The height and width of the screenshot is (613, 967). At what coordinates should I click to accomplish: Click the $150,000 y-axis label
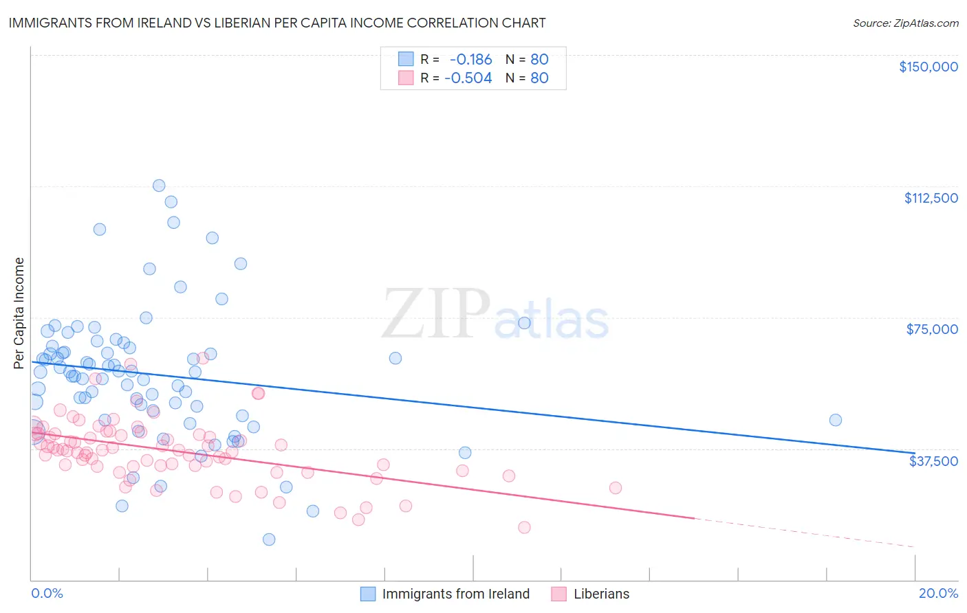click(928, 67)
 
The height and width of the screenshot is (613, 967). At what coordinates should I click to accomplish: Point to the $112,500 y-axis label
click(931, 198)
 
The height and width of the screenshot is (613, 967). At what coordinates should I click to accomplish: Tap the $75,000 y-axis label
click(932, 329)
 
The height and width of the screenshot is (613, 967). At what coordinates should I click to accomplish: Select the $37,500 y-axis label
click(933, 460)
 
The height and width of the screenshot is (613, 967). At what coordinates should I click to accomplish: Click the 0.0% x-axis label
click(47, 593)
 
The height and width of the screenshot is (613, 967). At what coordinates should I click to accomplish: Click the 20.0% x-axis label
click(938, 593)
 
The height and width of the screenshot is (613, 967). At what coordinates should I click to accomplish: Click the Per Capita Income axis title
click(19, 313)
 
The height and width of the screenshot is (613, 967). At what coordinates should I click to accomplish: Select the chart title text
click(277, 23)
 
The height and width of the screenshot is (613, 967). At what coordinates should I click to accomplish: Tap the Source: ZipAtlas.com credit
click(905, 23)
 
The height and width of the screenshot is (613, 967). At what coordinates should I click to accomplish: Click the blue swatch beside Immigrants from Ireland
click(369, 594)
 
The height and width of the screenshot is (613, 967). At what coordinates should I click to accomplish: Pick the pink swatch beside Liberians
click(558, 594)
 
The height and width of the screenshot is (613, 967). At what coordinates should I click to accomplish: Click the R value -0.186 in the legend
click(470, 59)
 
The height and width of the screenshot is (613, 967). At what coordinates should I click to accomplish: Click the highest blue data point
click(159, 186)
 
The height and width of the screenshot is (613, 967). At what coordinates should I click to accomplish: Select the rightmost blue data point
click(835, 420)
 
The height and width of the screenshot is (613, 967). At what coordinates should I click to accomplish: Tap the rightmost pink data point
click(615, 488)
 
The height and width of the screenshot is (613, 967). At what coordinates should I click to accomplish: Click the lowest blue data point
click(269, 539)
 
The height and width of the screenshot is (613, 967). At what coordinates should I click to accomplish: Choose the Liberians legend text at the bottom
click(601, 594)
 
